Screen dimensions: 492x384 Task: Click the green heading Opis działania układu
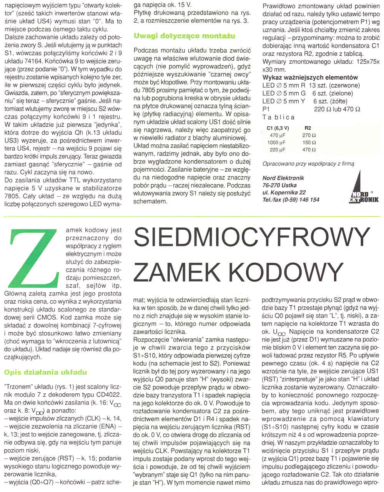pyautogui.click(x=45, y=372)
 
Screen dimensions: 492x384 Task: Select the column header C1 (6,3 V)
pyautogui.click(x=278, y=128)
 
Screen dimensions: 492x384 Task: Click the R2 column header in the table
pyautogui.click(x=308, y=128)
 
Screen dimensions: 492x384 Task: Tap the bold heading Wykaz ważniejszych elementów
pyautogui.click(x=310, y=78)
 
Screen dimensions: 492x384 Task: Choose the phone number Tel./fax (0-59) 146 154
pyautogui.click(x=291, y=200)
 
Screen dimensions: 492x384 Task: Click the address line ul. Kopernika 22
pyautogui.click(x=284, y=192)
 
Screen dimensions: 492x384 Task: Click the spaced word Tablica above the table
pyautogui.click(x=278, y=117)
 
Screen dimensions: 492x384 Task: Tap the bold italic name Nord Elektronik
pyautogui.click(x=283, y=178)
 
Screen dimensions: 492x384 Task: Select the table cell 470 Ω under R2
pyautogui.click(x=309, y=150)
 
